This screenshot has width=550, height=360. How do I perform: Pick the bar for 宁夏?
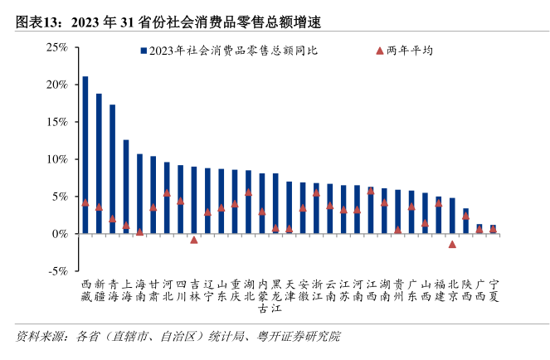point(493,229)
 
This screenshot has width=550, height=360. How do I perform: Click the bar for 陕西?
point(465,221)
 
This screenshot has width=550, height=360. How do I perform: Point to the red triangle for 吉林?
point(194,240)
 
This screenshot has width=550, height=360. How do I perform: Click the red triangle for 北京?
point(452,244)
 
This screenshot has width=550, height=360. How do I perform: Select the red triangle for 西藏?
point(85,202)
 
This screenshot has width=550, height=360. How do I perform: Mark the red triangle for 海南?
point(139,231)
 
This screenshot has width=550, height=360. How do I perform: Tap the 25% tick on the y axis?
point(57,47)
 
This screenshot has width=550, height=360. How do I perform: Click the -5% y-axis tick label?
point(57,271)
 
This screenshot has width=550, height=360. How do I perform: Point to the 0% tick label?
point(61,234)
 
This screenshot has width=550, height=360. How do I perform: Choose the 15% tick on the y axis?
point(57,122)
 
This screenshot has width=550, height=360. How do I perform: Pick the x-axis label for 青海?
point(113,289)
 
